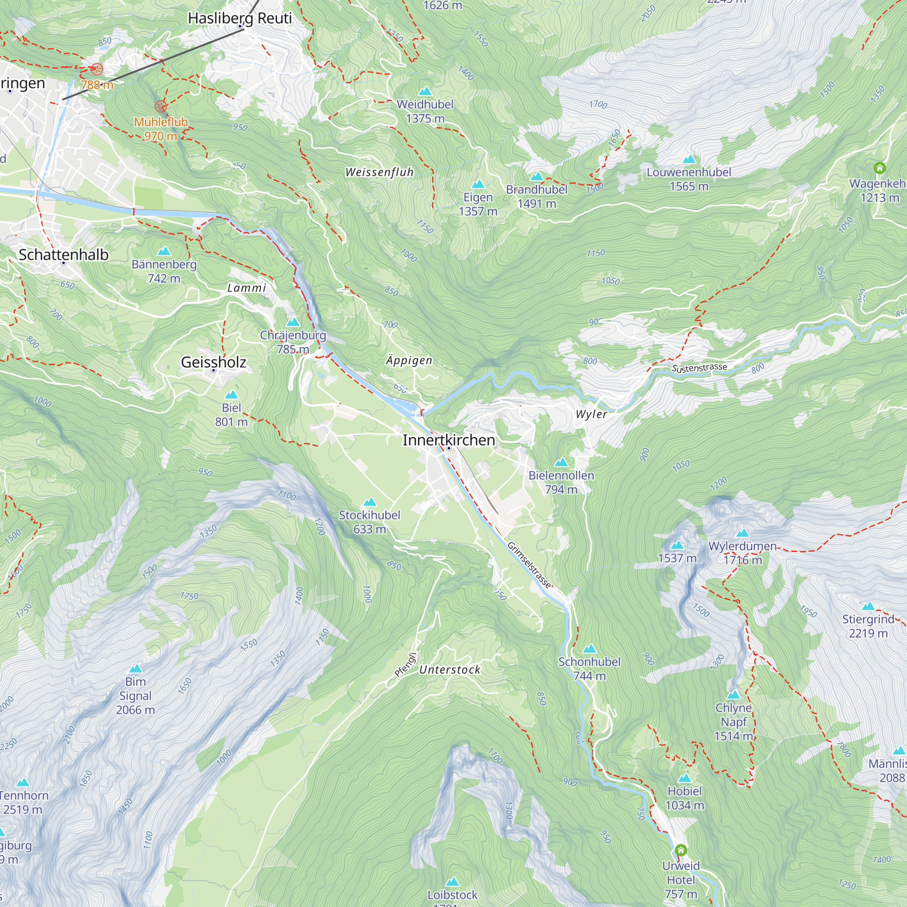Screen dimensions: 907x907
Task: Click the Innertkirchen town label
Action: tap(449, 440)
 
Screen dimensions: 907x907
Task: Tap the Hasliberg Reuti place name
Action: tap(239, 18)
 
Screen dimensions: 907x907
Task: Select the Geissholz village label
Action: tap(214, 362)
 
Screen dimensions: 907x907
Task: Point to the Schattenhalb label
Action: tap(63, 254)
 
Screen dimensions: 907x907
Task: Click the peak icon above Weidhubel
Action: tap(425, 91)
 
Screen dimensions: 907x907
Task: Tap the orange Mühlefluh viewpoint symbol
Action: tap(161, 106)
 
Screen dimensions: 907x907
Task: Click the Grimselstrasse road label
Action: tap(529, 565)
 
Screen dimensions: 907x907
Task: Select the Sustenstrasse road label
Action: tap(699, 368)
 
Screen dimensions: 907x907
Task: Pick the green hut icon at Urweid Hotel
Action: tap(681, 850)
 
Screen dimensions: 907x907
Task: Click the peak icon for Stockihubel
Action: tap(370, 502)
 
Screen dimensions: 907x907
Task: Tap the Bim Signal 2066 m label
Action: tap(135, 695)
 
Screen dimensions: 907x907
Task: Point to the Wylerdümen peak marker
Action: tap(743, 533)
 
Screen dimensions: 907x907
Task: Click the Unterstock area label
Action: tap(450, 669)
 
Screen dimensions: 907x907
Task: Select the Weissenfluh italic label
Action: tap(379, 172)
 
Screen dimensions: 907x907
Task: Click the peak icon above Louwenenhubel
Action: tap(689, 159)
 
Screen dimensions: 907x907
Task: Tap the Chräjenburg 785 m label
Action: tap(293, 342)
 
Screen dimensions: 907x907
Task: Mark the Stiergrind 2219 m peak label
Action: tap(868, 626)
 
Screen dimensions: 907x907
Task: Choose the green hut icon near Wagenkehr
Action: tap(880, 168)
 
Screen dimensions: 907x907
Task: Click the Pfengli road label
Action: tap(405, 665)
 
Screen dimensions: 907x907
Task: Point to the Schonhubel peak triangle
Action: tap(589, 649)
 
